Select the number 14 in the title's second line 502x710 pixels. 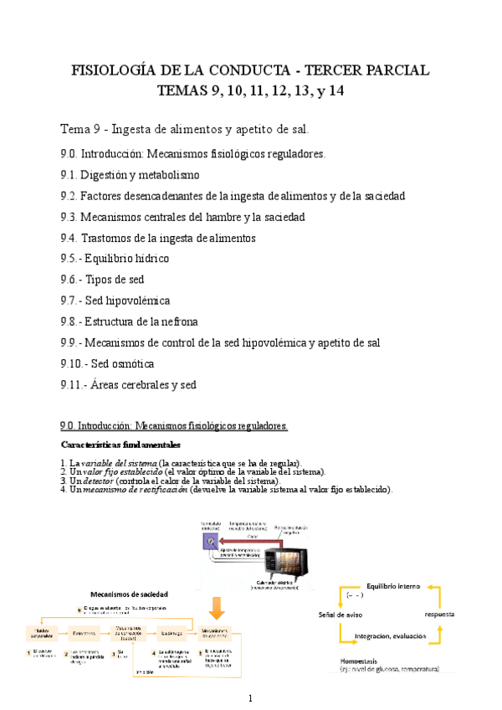tap(335, 90)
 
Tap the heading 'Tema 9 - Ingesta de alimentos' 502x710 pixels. tap(185, 129)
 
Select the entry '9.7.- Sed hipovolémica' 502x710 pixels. tap(115, 301)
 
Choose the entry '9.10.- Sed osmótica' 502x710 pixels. tap(107, 363)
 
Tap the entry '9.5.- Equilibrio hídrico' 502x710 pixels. tap(115, 259)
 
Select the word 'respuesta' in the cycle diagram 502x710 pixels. tap(439, 614)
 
